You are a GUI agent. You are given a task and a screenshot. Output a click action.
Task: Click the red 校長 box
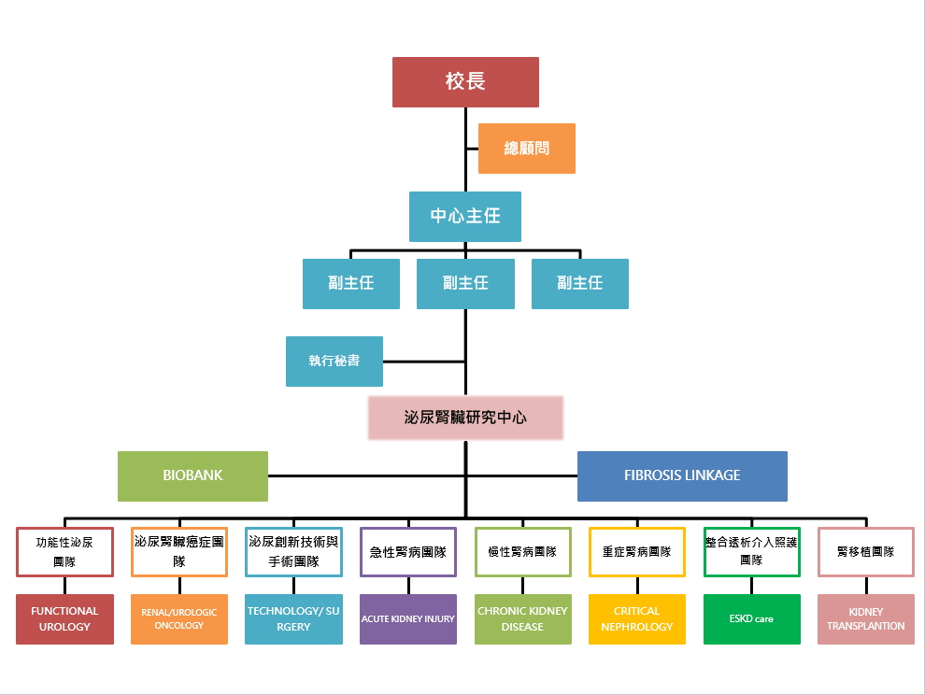465,82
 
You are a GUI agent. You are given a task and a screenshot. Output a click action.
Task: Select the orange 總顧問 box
526,149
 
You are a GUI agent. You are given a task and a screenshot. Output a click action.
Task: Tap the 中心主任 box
465,217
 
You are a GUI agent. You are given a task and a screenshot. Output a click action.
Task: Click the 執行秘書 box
334,362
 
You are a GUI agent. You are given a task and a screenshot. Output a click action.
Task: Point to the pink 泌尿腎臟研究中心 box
465,418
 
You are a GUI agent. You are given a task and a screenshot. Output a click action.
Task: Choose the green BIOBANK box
192,475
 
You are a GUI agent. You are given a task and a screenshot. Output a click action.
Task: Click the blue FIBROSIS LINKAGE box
682,476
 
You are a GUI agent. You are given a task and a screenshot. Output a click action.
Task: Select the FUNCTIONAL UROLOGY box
64,618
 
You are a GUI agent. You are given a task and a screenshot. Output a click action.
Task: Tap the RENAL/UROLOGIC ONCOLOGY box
179,618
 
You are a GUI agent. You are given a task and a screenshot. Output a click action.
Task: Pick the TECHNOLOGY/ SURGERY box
293,618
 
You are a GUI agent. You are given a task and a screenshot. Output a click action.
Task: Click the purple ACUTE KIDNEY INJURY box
408,618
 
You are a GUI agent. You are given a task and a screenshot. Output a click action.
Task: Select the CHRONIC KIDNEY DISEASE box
522,618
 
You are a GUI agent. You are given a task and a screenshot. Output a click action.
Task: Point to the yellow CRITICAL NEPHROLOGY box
637,618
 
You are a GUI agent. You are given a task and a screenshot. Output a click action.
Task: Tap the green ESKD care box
751,618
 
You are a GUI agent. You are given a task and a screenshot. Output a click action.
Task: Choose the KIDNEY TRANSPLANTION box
866,618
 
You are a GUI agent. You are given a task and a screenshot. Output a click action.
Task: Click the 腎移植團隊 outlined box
866,552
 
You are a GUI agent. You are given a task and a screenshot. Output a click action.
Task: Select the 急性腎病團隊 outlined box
408,552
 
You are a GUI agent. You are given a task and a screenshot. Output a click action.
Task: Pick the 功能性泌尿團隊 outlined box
64,552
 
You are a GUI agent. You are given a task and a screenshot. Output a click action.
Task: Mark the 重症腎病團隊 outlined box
637,552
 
